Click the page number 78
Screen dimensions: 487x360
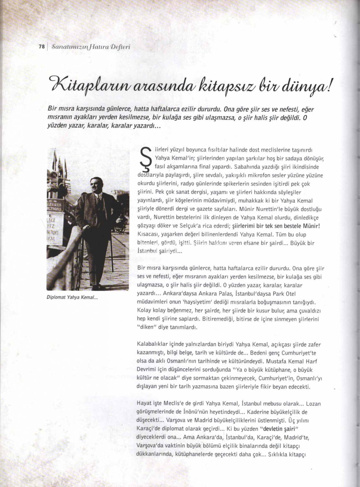coord(41,46)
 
